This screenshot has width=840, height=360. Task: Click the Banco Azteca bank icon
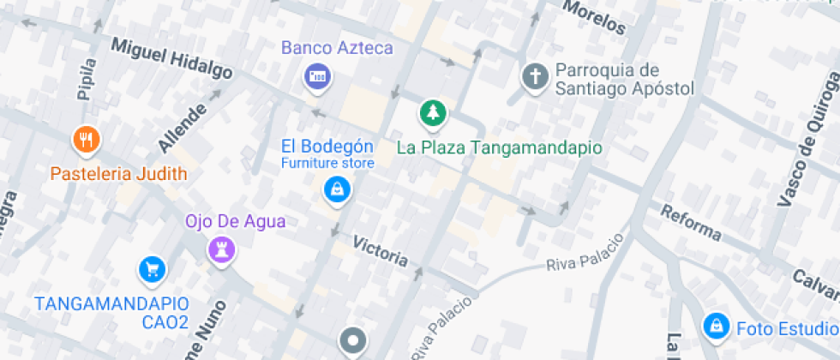tap(316, 76)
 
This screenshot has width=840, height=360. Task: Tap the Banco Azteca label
tap(337, 48)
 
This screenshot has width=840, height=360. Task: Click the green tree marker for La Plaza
tap(433, 112)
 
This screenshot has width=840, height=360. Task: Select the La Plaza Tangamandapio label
tap(499, 147)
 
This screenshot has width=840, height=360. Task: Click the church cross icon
tap(536, 77)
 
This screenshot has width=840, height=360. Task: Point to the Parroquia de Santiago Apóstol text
tap(623, 79)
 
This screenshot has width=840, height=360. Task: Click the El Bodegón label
tap(328, 145)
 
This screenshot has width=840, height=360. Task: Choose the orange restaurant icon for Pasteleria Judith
tap(85, 139)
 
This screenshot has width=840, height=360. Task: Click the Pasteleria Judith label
tap(118, 174)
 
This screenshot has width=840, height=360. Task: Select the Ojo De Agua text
tap(236, 222)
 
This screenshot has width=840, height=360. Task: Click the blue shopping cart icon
tap(152, 270)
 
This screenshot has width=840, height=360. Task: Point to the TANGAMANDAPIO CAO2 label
tap(111, 312)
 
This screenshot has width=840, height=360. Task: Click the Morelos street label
tap(594, 16)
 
